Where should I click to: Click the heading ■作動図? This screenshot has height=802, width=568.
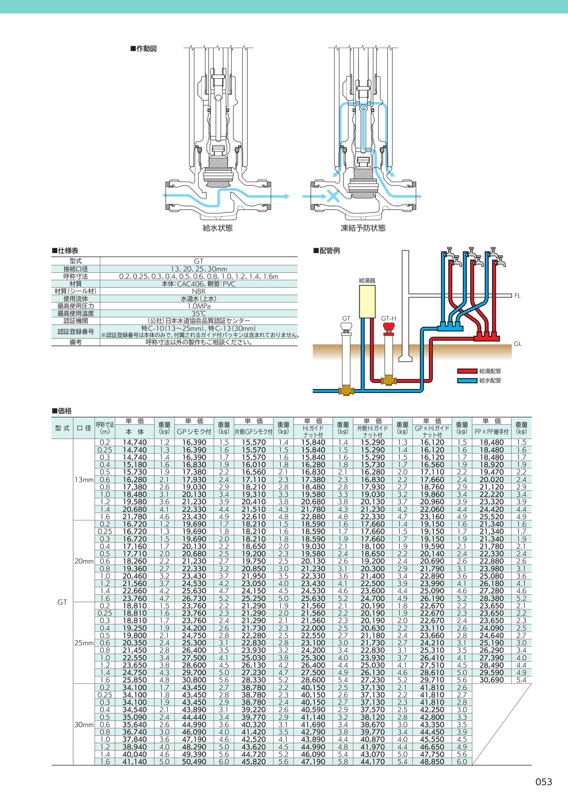[x=143, y=48]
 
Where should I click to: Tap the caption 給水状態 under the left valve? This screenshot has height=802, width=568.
[x=217, y=228]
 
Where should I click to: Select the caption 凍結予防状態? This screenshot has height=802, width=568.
[x=363, y=228]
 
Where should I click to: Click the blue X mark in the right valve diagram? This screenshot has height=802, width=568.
[x=333, y=196]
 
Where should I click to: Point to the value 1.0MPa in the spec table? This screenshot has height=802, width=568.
[x=199, y=306]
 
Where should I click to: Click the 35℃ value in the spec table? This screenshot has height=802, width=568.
[x=199, y=314]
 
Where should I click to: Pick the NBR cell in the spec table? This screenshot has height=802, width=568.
[x=199, y=291]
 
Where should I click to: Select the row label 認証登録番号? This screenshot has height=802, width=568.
[x=76, y=332]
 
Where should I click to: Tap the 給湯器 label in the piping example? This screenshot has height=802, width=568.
[x=367, y=281]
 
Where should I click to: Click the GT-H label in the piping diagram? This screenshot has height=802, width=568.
[x=389, y=318]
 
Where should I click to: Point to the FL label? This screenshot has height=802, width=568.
[x=517, y=296]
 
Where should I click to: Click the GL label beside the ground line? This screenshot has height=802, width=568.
[x=518, y=344]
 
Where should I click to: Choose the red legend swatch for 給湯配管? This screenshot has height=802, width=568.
[x=467, y=371]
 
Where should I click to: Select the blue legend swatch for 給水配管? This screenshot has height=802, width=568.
[x=467, y=381]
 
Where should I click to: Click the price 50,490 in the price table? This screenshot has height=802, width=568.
[x=194, y=761]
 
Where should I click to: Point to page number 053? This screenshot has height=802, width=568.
[x=544, y=782]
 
